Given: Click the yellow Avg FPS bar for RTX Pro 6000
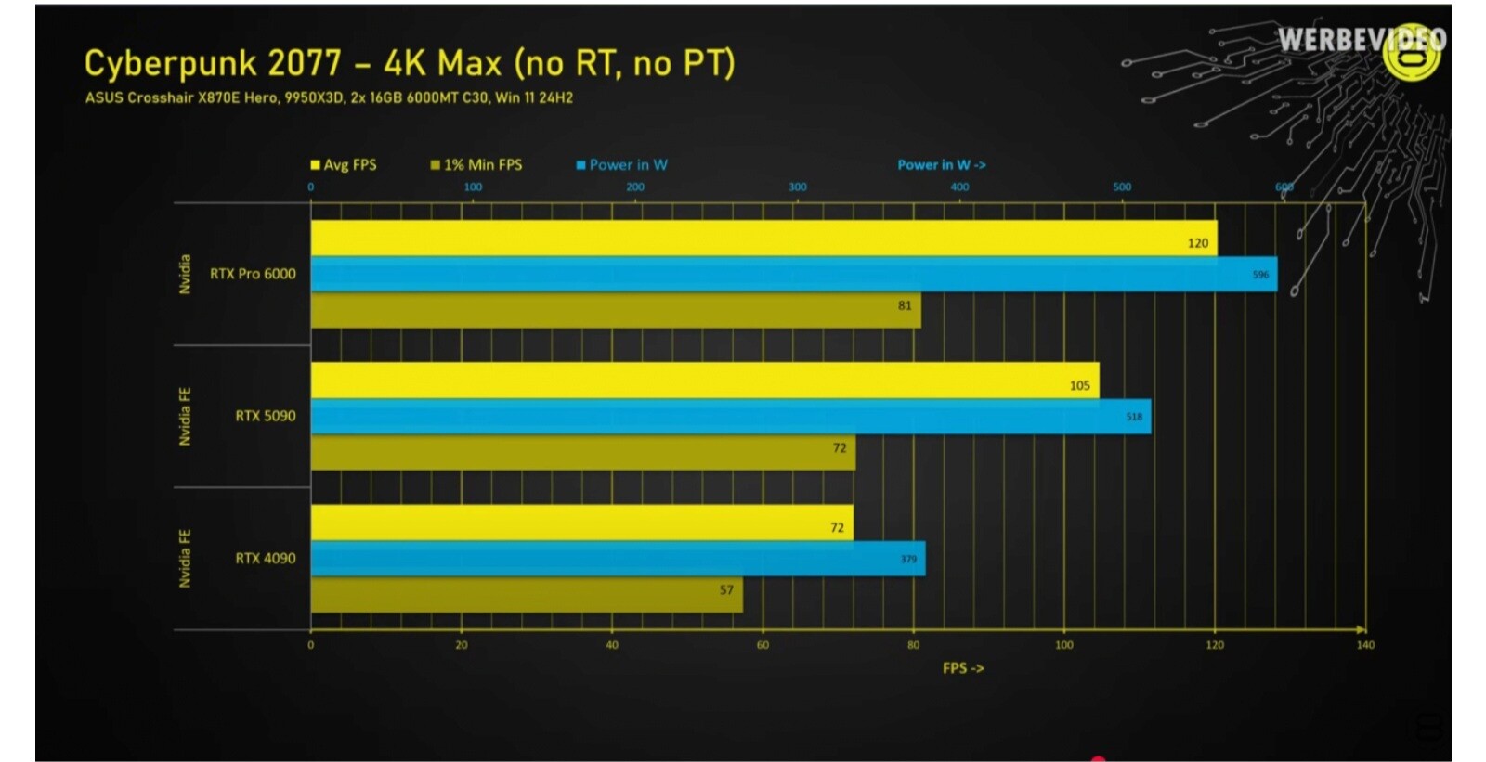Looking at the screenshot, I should (x=762, y=239).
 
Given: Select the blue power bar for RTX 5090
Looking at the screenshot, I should (x=730, y=417).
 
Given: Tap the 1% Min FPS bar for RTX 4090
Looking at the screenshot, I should (x=526, y=595).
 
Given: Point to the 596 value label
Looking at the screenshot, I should (x=1260, y=275).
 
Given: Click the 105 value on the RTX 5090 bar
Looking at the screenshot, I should (x=1079, y=385).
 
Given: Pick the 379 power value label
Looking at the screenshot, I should (x=908, y=559).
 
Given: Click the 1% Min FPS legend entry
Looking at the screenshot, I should (x=476, y=165).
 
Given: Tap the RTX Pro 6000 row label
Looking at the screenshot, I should (x=253, y=274).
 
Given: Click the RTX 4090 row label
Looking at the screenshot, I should (x=266, y=559).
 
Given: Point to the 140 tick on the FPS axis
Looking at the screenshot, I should (x=1364, y=645).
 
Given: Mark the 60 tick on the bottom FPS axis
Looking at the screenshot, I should (x=763, y=645).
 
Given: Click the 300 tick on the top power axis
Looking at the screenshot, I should (x=798, y=187).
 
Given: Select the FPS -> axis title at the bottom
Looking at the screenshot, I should (x=962, y=668).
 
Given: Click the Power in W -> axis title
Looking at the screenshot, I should (x=941, y=165).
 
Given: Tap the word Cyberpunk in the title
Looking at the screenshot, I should (x=170, y=63).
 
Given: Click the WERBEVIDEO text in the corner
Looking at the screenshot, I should (x=1361, y=40).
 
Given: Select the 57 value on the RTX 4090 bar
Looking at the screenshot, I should (x=726, y=590).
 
